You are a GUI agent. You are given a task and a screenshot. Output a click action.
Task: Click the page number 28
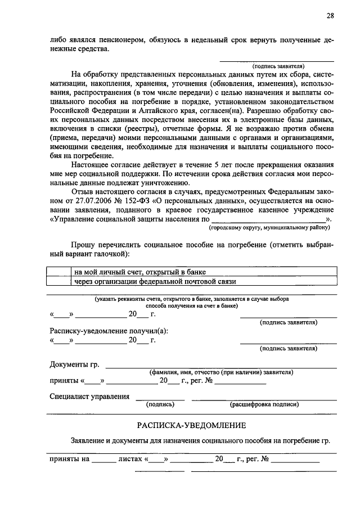tap(330, 16)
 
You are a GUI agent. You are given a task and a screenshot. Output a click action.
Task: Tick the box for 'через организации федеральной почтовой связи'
tap(59, 281)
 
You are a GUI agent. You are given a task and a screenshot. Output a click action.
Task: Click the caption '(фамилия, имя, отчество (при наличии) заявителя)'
tap(220, 372)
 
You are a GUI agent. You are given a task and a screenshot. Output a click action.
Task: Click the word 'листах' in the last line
tap(130, 459)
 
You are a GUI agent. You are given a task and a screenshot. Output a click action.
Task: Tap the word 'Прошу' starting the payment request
tap(83, 245)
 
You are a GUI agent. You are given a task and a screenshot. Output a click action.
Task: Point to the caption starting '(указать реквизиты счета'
tap(192, 299)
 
